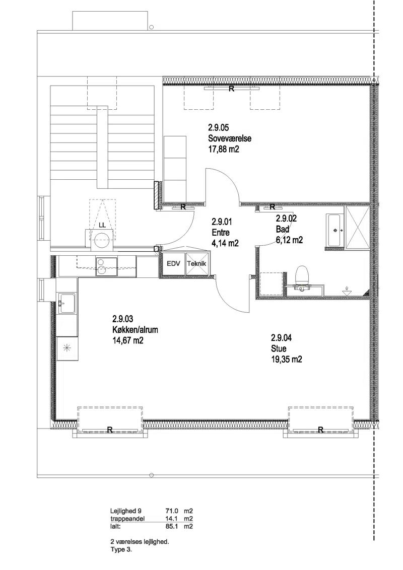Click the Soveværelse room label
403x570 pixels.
pyautogui.click(x=230, y=138)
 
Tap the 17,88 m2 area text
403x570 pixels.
pyautogui.click(x=224, y=149)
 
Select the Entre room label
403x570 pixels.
pyautogui.click(x=221, y=233)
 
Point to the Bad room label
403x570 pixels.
pyautogui.click(x=282, y=230)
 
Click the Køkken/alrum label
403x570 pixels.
pyautogui.click(x=135, y=330)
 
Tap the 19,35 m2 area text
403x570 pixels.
pyautogui.click(x=286, y=360)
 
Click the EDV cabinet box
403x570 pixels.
pyautogui.click(x=173, y=264)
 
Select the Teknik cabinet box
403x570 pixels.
pyautogui.click(x=197, y=264)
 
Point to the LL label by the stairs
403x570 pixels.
pyautogui.click(x=102, y=226)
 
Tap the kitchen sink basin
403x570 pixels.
pyautogui.click(x=66, y=303)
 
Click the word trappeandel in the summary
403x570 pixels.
pyautogui.click(x=127, y=519)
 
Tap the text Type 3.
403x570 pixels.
pyautogui.click(x=121, y=549)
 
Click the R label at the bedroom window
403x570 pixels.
pyautogui.click(x=231, y=88)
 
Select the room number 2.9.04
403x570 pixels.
pyautogui.click(x=281, y=338)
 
